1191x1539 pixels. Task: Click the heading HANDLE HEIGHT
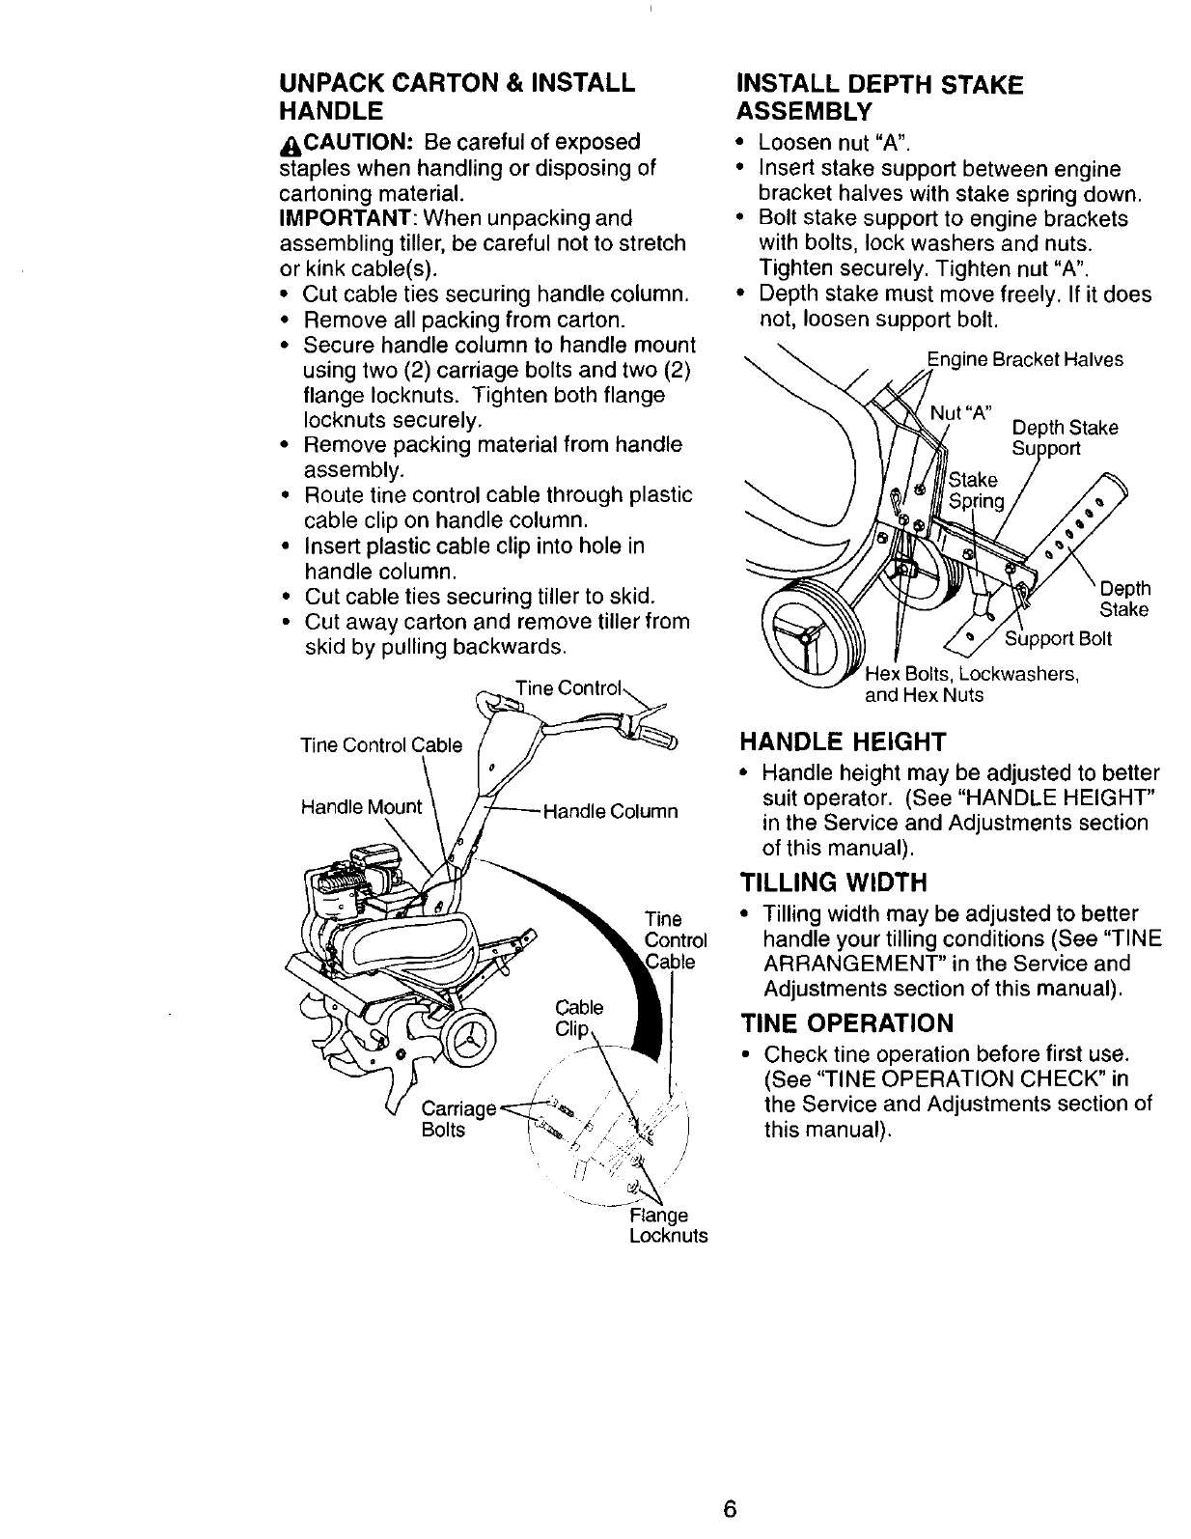[x=843, y=742]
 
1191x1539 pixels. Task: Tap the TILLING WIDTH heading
[x=833, y=882]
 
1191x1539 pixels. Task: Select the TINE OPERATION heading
[x=846, y=1022]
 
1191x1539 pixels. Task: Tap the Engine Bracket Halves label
[x=1025, y=360]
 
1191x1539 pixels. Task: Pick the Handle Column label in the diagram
[x=611, y=811]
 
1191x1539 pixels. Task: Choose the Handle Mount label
[x=361, y=806]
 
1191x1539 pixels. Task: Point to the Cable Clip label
[x=579, y=1018]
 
